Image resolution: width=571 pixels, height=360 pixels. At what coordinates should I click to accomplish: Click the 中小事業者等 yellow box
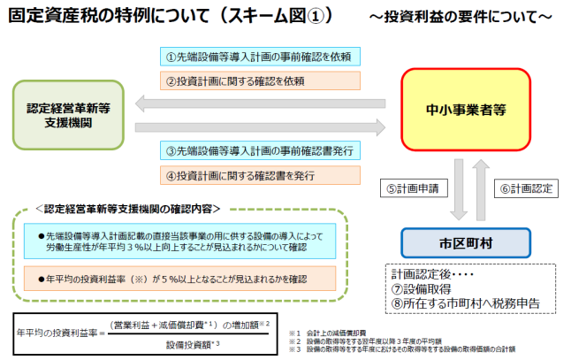(x=465, y=109)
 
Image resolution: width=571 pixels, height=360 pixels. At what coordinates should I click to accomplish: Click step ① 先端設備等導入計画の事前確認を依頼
(x=260, y=57)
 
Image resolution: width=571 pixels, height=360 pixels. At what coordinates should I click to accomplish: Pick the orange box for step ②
(x=260, y=80)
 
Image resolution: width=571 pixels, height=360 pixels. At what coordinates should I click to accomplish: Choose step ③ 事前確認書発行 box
(x=260, y=150)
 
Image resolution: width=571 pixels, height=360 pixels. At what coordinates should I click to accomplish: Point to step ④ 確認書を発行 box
(x=260, y=175)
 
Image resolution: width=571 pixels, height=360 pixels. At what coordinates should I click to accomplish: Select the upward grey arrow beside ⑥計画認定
(x=482, y=188)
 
